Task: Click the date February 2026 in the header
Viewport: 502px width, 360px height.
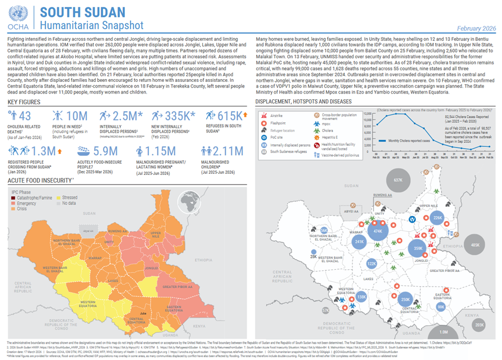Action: pos(477,28)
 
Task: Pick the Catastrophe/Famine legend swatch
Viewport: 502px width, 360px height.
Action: pos(15,197)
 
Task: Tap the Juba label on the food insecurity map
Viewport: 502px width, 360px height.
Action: pos(143,312)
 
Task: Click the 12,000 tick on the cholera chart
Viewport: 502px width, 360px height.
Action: pos(368,113)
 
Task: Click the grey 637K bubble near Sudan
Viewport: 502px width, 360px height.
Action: pos(398,180)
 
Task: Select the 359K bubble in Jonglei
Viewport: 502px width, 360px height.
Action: pos(417,248)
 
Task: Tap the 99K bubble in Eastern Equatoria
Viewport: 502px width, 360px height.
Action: pos(441,307)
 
